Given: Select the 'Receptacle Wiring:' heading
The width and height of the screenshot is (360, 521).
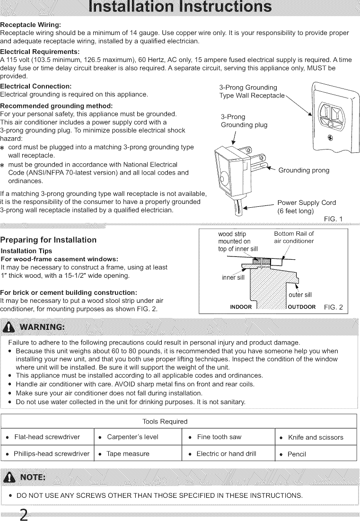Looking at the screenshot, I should tap(31, 25).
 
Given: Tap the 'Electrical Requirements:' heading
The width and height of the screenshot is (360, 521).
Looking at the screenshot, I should tap(40, 51).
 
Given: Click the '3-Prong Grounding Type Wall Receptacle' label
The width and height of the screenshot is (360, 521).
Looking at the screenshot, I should tap(251, 91).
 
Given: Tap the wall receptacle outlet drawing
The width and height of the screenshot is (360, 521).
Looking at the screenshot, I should tap(331, 118).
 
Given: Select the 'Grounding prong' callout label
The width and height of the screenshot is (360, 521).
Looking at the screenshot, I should tap(304, 170).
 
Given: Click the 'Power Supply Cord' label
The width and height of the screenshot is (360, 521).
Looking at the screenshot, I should tap(306, 203).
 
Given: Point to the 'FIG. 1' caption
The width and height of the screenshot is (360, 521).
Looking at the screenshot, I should tap(334, 218).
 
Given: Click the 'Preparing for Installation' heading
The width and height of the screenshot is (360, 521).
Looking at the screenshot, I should tap(49, 240).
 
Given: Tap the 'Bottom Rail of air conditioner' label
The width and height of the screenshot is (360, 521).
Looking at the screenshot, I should tap(293, 237).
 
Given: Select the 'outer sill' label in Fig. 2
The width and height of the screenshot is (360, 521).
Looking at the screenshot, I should tap(300, 294).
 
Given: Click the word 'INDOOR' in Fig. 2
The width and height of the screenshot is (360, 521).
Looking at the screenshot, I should tap(240, 307).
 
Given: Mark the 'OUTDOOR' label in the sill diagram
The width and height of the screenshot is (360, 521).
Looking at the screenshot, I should tap(301, 307).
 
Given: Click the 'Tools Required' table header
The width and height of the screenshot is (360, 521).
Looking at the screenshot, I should tap(165, 421).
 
